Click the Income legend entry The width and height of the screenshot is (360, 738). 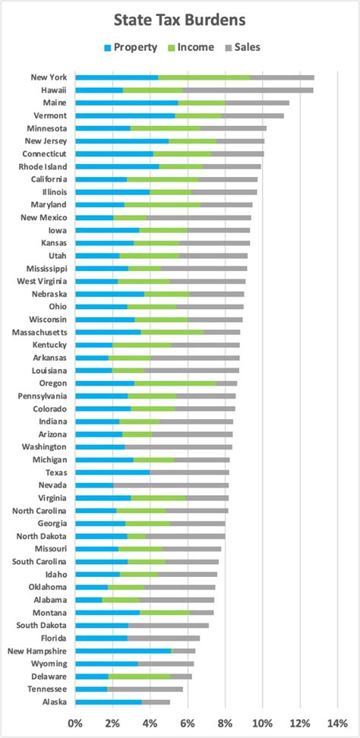click(x=195, y=47)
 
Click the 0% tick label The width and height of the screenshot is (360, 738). click(x=75, y=722)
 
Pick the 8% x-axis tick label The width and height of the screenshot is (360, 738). click(x=225, y=722)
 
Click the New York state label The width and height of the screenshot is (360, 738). click(x=49, y=77)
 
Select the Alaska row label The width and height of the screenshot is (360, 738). click(x=54, y=702)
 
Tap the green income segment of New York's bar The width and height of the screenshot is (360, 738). click(x=204, y=77)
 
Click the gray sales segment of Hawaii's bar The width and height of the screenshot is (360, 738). click(x=248, y=90)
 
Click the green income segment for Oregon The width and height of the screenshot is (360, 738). click(x=175, y=383)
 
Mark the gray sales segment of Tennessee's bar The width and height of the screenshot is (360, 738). click(x=146, y=689)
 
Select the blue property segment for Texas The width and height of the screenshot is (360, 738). click(x=112, y=472)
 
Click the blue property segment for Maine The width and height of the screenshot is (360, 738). click(x=127, y=102)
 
